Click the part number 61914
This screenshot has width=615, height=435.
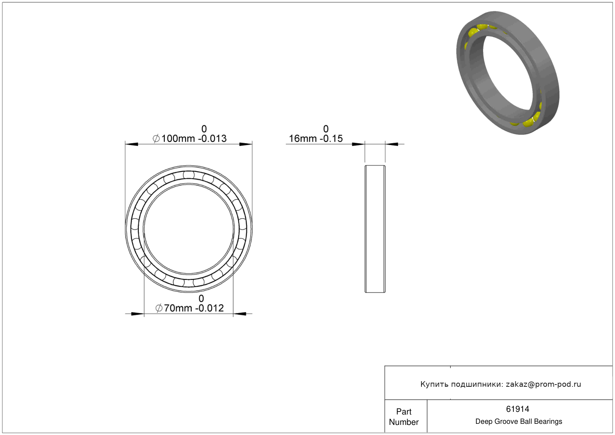tap(517, 409)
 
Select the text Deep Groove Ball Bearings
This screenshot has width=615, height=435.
tap(519, 422)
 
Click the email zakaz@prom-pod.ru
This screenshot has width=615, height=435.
tap(543, 384)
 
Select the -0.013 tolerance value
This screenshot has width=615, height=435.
tap(212, 139)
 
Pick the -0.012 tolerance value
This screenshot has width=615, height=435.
tap(209, 308)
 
